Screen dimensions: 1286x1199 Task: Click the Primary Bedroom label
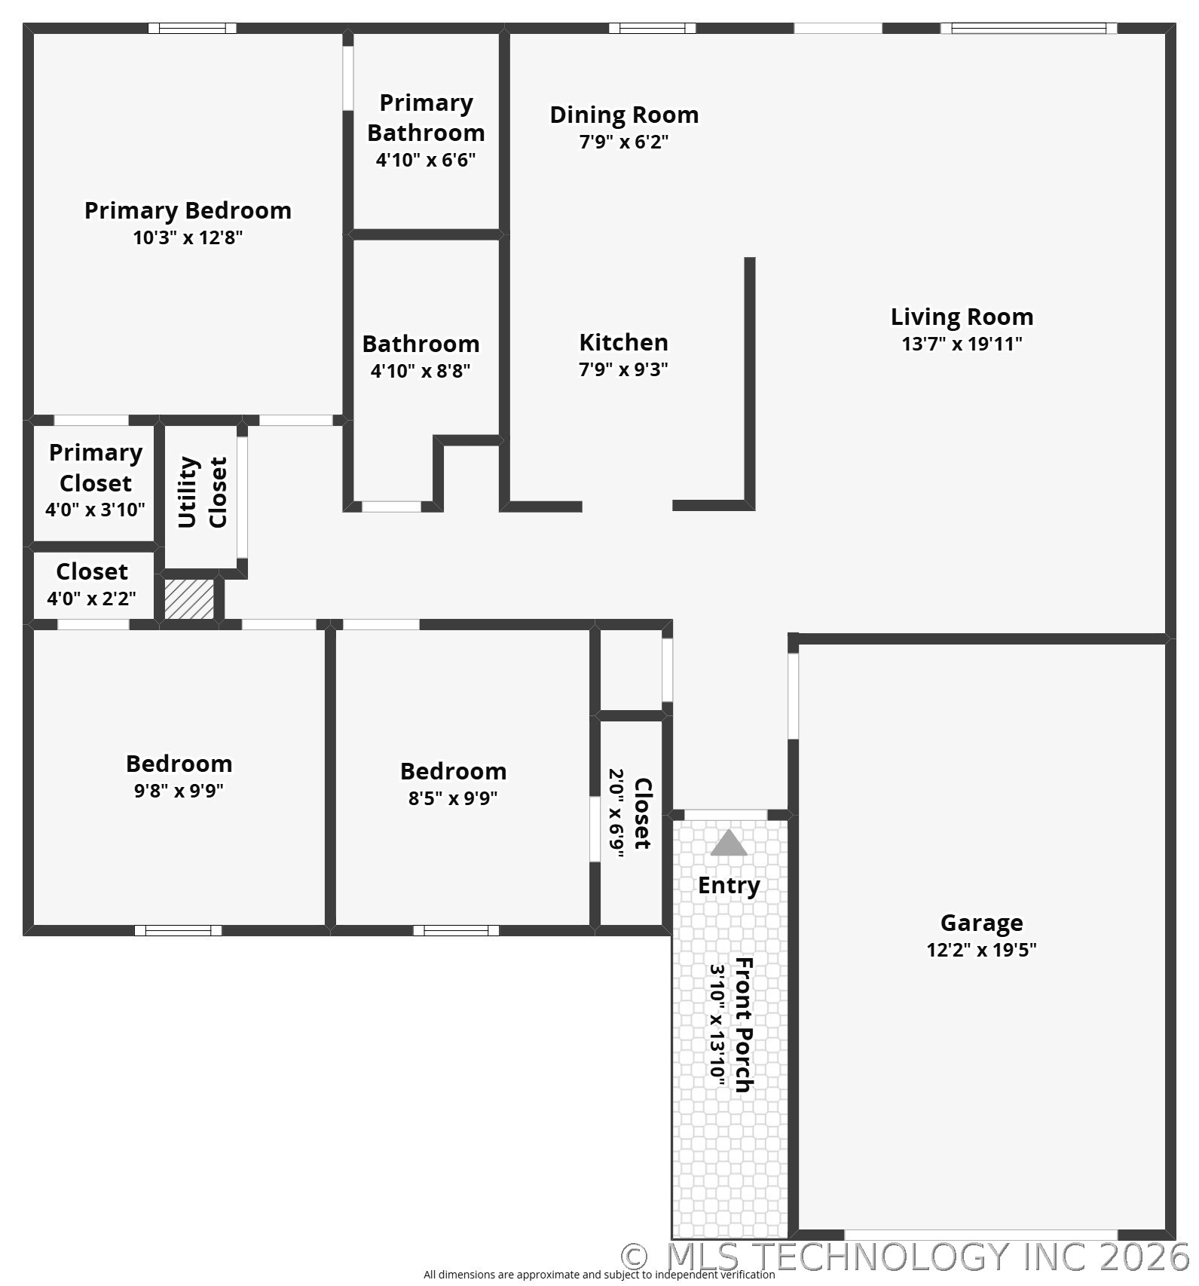[x=188, y=210]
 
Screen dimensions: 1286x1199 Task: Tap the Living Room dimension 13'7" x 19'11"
[x=962, y=344]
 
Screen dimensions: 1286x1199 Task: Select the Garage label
[x=981, y=923]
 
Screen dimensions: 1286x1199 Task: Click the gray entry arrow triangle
[x=729, y=844]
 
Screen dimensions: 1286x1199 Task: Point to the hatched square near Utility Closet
[x=189, y=599]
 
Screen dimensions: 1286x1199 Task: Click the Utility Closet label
[x=202, y=492]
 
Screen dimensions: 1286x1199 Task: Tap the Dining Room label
[x=624, y=115]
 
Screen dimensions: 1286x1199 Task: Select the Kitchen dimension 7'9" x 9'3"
[x=623, y=369]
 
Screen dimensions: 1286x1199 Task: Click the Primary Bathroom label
[x=426, y=118]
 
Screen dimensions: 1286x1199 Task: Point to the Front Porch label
[x=744, y=1025]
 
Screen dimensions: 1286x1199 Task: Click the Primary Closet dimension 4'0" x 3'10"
[x=95, y=510]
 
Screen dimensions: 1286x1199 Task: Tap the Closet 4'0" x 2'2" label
[x=92, y=571]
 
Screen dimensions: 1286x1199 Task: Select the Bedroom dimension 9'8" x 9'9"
[x=179, y=791]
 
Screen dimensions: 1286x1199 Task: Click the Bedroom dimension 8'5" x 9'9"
[x=453, y=798]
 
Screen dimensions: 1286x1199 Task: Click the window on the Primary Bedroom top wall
[x=192, y=29]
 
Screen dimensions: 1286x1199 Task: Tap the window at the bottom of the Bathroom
[x=391, y=507]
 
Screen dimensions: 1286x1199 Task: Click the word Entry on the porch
[x=729, y=885]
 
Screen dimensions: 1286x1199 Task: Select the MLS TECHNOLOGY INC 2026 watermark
[x=904, y=1256]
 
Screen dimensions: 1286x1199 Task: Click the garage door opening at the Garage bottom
[x=980, y=1235]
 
